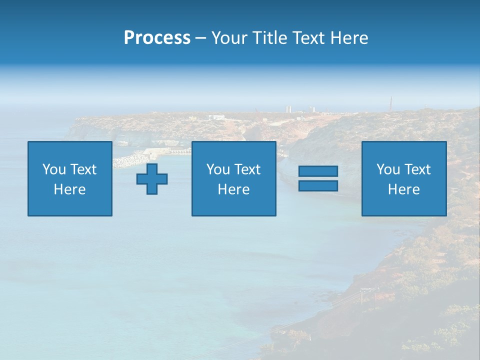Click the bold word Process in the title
[157, 38]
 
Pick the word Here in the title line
[349, 38]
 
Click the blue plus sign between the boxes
[152, 179]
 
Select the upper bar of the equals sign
[318, 171]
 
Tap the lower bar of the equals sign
[318, 185]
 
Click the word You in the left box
[54, 169]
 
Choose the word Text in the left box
[83, 169]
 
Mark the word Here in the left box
[70, 189]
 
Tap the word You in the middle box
[218, 169]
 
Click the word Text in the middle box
[247, 169]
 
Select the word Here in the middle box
[234, 189]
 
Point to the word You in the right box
[388, 169]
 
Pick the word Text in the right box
[417, 169]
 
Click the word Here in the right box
[404, 189]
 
